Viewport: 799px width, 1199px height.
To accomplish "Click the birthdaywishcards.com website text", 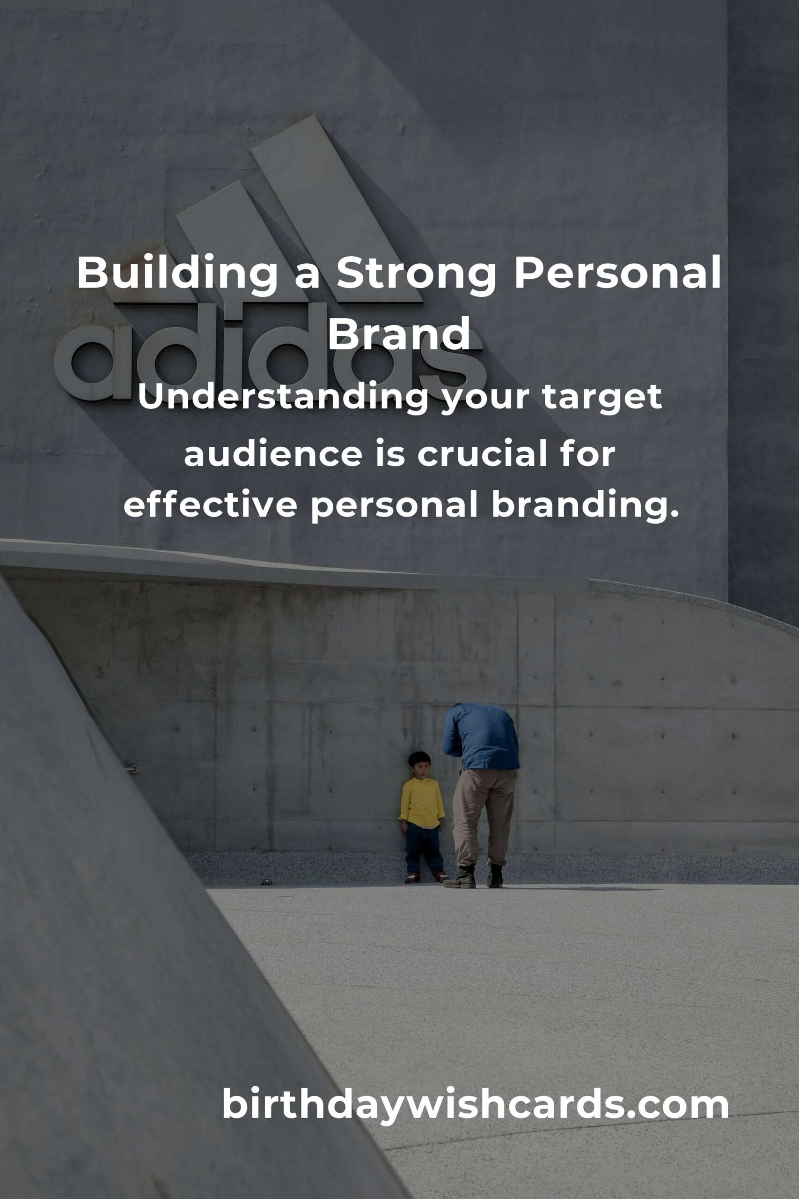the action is (475, 1103).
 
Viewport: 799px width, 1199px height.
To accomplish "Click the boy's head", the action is (419, 765).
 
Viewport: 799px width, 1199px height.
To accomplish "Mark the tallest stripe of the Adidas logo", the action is (337, 209).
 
